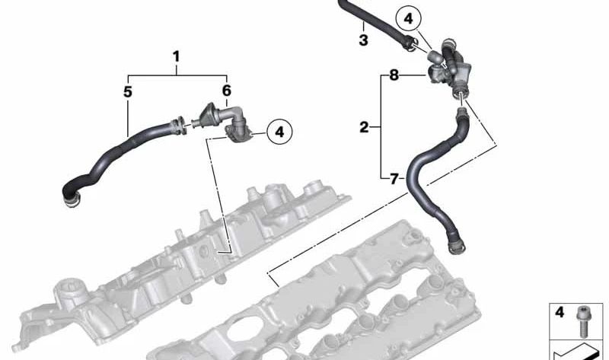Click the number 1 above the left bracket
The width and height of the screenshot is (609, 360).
(177, 56)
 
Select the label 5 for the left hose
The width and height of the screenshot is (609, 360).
(128, 92)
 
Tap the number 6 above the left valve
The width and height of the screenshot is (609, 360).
(226, 91)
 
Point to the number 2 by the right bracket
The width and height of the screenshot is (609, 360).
(364, 127)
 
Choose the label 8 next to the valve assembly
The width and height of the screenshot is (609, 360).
(394, 75)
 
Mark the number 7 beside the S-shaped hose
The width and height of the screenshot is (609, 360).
(394, 180)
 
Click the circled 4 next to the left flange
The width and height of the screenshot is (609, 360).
(279, 132)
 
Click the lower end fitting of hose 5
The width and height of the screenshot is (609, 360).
(71, 199)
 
